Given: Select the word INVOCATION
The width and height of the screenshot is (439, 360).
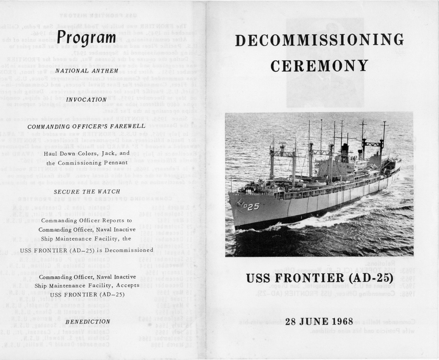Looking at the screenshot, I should click(86, 100).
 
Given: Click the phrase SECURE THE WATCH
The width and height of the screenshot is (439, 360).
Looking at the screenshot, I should click(87, 192).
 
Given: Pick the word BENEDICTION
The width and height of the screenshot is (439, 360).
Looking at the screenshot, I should click(88, 322).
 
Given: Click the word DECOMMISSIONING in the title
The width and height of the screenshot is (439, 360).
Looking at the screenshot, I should click(319, 40).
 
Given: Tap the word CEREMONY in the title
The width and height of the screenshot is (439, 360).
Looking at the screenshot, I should click(319, 66).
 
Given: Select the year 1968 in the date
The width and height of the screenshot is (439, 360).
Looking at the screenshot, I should click(339, 321).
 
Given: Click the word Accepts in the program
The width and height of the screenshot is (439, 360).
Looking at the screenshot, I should click(128, 286).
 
